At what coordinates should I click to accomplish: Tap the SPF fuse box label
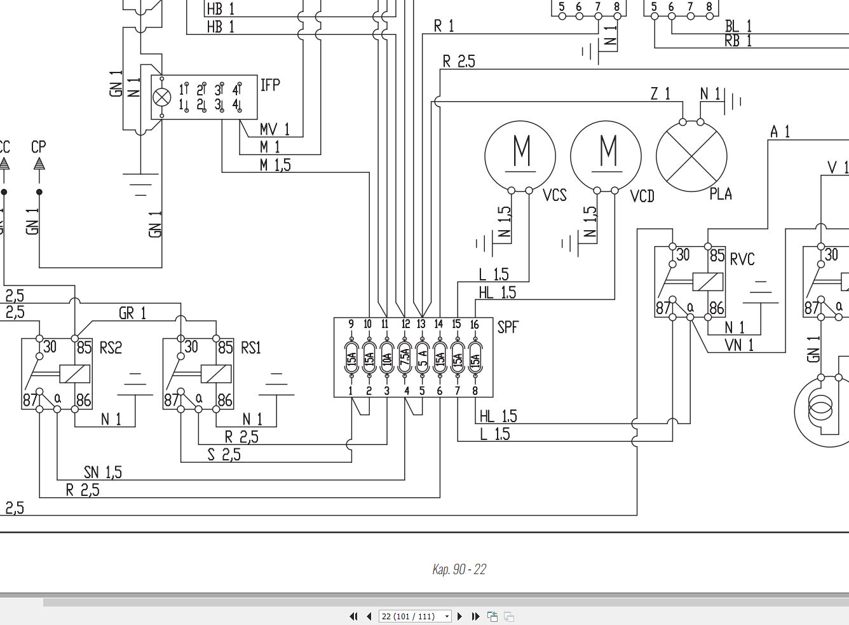point(508,327)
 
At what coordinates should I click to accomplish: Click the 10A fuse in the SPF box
point(387,358)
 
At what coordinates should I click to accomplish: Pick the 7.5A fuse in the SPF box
point(405,358)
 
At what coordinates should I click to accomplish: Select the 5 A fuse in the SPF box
point(422,358)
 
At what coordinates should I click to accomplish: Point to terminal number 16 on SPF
point(475,324)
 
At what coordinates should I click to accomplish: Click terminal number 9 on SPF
point(351,324)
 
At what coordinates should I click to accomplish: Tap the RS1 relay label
point(251,347)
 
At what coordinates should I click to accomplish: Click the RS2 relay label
point(111,347)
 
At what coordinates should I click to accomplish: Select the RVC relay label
point(742,259)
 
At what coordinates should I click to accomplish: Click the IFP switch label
point(270,85)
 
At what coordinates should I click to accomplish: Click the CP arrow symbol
point(39,164)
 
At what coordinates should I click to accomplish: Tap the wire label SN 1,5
point(103,472)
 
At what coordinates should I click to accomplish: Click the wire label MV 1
point(275,129)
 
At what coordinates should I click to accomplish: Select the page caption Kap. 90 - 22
point(459,569)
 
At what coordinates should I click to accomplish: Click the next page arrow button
point(459,616)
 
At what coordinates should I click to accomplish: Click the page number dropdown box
point(415,616)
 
